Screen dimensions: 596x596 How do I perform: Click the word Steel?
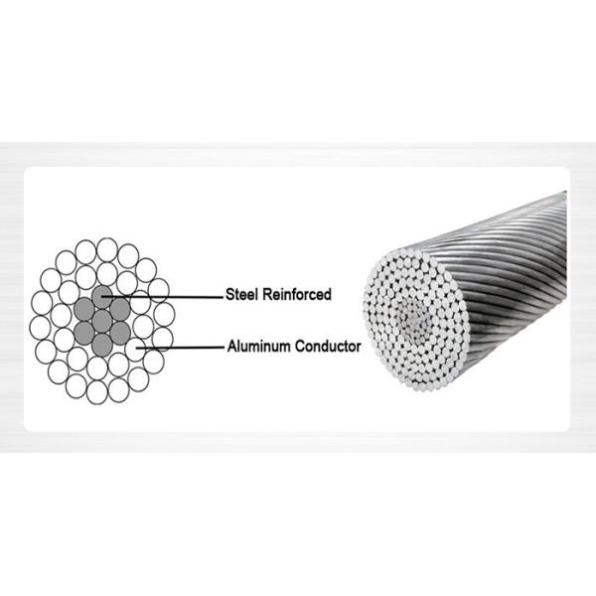click(241, 295)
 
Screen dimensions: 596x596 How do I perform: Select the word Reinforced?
click(297, 295)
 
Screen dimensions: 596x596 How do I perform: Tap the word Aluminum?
click(259, 347)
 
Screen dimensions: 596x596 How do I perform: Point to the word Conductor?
click(328, 347)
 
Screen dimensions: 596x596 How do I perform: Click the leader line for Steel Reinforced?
click(162, 297)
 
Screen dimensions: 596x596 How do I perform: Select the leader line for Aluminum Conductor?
click(180, 348)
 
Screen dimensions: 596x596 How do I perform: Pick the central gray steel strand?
click(102, 321)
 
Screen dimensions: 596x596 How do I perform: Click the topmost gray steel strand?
click(102, 297)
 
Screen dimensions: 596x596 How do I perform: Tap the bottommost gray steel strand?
click(102, 345)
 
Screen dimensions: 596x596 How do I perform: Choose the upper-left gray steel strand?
click(84, 309)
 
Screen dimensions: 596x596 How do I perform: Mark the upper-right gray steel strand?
click(120, 309)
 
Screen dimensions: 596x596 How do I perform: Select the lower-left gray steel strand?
click(84, 333)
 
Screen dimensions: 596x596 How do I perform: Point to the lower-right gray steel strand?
click(120, 333)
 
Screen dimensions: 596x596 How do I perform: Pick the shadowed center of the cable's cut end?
click(412, 319)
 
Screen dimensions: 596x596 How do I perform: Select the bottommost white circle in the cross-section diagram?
click(97, 392)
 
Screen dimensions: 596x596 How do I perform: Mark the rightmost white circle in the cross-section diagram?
click(164, 314)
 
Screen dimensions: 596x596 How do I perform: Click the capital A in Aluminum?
click(232, 347)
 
